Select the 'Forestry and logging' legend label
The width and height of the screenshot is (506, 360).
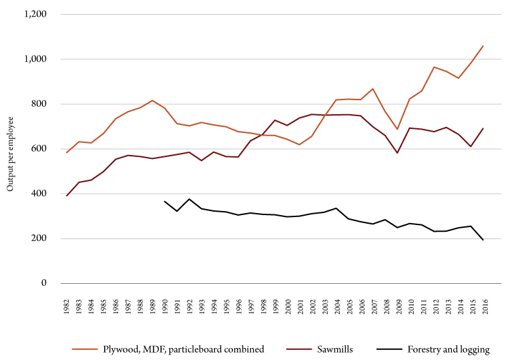[x=449, y=349]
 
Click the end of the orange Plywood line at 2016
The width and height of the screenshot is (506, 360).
[x=483, y=46]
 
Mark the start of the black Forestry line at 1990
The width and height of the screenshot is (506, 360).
[x=164, y=201]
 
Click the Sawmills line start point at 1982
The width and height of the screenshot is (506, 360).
[x=66, y=196]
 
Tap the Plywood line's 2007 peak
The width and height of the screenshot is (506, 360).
[x=372, y=89]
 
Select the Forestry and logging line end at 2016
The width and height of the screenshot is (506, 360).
[x=483, y=240]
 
